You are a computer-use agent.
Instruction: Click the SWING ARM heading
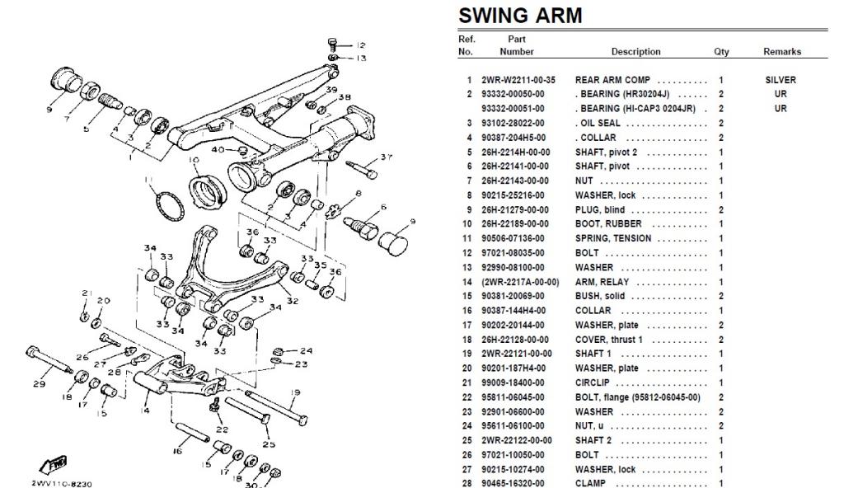(519, 16)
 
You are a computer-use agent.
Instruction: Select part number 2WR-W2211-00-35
(517, 80)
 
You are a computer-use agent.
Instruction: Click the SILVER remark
(780, 80)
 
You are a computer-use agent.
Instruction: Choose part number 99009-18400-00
(517, 382)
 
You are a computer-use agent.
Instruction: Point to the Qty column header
(721, 51)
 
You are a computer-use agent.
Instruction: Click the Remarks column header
(781, 51)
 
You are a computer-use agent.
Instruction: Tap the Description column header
(635, 51)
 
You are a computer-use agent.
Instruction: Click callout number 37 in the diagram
(387, 157)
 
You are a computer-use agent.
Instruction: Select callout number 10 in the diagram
(194, 159)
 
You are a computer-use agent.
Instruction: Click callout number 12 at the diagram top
(361, 45)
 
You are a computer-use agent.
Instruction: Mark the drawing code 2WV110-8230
(61, 483)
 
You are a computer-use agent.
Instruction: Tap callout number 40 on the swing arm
(218, 149)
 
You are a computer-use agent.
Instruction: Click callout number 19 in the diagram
(295, 392)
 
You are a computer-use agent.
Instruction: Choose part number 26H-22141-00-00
(517, 167)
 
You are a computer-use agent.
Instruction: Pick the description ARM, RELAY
(601, 281)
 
